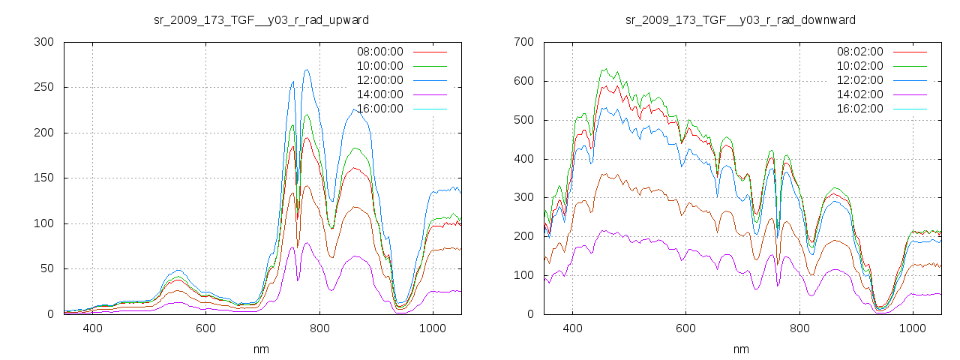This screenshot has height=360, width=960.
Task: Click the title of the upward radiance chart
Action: pos(260,19)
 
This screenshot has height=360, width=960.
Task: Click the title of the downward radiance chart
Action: pos(740,19)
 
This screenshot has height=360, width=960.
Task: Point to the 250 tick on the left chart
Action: pos(44,87)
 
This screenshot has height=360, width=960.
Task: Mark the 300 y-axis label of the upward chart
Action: pos(44,42)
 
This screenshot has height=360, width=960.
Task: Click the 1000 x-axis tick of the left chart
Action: pos(432,328)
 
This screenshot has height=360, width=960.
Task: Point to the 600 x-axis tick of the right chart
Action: pos(685,328)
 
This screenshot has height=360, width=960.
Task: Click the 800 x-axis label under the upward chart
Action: pos(319,328)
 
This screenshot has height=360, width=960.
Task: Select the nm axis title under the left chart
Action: pos(260,349)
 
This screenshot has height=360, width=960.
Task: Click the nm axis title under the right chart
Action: pos(740,349)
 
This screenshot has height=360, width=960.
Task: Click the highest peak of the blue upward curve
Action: pos(307,70)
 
